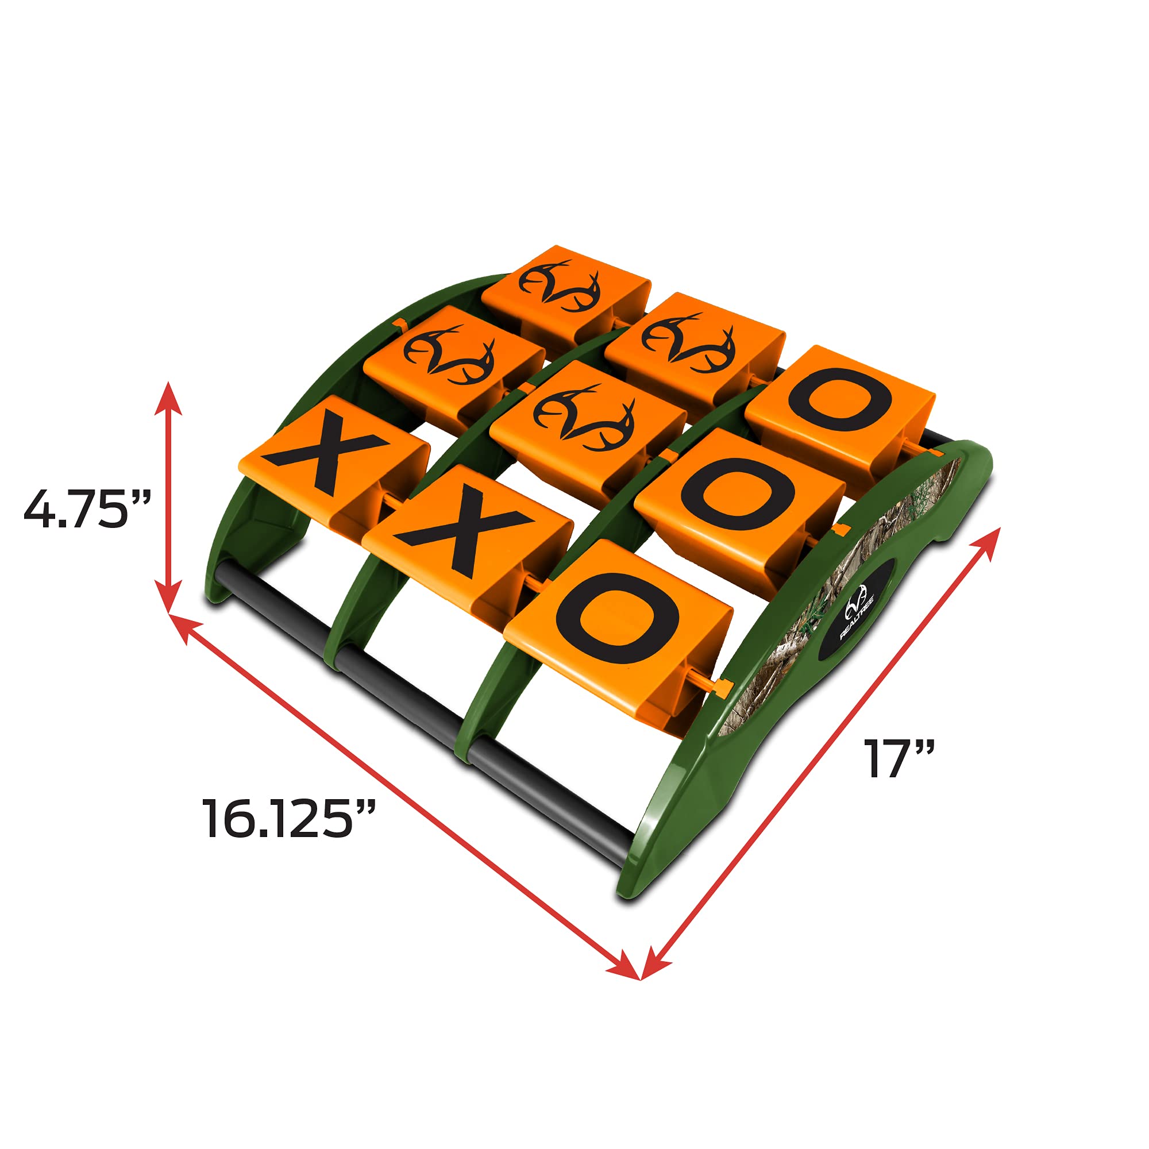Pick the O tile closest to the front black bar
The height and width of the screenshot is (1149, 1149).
(x=619, y=624)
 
